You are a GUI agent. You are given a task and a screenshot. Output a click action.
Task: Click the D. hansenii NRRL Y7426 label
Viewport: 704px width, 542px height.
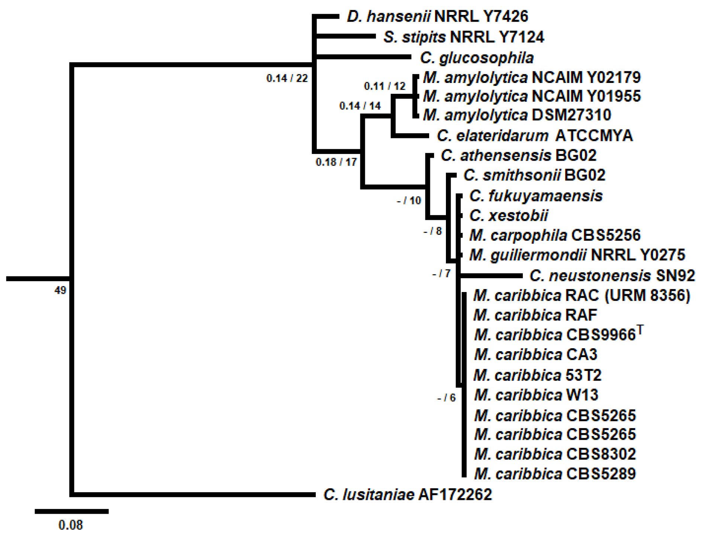(x=437, y=16)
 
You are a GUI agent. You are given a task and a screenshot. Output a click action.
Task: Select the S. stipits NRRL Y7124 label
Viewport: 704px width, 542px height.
(x=463, y=37)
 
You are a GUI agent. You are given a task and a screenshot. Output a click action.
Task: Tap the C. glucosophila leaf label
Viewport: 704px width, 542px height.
(x=476, y=58)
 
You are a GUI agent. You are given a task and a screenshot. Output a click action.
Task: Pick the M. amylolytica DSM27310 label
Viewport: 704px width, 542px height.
(x=517, y=115)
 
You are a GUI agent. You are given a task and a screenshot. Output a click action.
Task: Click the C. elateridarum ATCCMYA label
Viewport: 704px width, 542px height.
(x=534, y=136)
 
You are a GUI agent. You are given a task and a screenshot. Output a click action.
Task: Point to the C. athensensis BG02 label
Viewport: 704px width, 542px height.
(x=518, y=155)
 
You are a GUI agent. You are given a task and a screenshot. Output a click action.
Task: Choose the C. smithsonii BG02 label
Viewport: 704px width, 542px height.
(x=534, y=175)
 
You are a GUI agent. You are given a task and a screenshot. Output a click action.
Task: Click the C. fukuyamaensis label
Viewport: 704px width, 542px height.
(x=536, y=196)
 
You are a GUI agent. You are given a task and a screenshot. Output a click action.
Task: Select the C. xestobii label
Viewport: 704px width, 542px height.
(x=508, y=215)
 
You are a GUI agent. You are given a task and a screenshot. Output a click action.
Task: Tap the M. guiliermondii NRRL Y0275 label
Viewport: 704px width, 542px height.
(x=577, y=255)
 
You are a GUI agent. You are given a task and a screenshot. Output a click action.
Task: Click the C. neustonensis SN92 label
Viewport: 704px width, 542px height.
(x=612, y=276)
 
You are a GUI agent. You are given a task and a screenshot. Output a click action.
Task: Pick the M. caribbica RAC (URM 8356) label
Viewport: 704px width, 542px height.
(x=582, y=295)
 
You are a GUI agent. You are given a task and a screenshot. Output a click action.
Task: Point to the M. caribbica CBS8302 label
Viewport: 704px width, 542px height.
(x=555, y=454)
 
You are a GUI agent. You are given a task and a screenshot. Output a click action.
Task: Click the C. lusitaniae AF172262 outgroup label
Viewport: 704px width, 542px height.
(x=407, y=494)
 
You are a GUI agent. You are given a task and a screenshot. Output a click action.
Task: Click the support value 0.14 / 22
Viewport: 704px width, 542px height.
(x=287, y=78)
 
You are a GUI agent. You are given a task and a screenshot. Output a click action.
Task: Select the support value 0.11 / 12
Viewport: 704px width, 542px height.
(x=385, y=86)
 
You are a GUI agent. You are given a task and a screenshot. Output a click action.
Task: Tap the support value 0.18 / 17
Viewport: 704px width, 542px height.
(x=336, y=162)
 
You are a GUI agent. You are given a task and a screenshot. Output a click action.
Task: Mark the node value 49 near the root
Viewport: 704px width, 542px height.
(x=60, y=290)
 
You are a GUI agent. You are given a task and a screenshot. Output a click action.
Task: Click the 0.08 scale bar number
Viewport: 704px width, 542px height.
(x=71, y=525)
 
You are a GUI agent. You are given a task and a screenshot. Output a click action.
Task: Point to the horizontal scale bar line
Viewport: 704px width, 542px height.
(x=72, y=512)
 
